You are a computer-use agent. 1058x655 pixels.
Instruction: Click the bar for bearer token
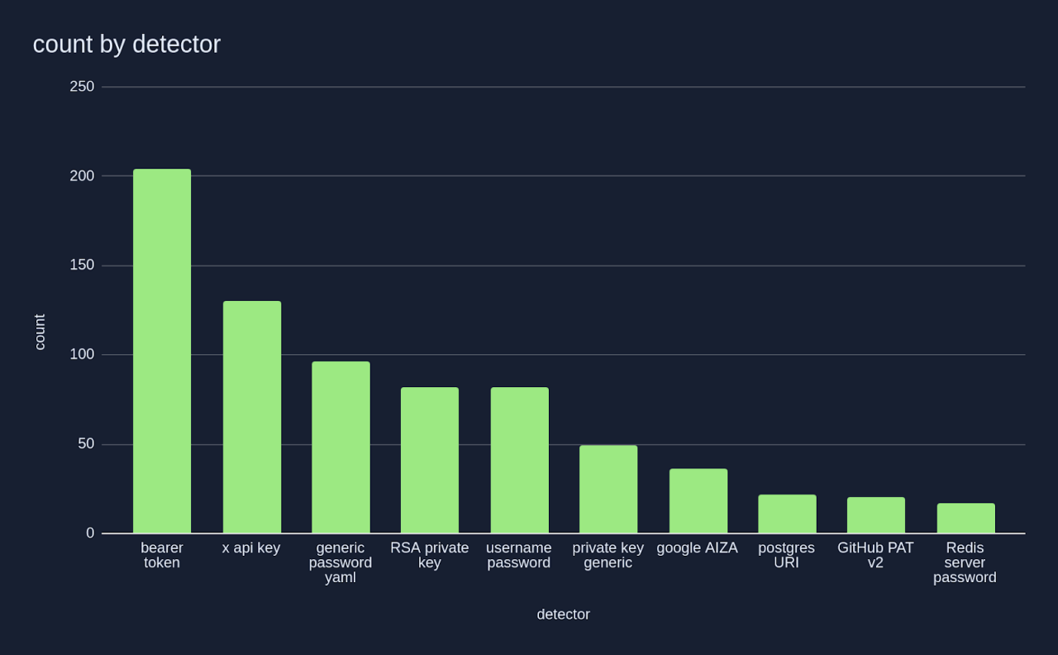(x=162, y=351)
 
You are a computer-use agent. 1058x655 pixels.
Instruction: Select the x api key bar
(x=252, y=418)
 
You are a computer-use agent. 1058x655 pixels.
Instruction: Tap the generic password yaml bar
(x=341, y=447)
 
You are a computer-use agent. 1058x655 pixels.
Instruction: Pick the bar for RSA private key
(x=430, y=461)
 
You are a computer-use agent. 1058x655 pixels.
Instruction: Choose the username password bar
(x=519, y=461)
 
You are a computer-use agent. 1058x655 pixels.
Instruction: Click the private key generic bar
(x=608, y=490)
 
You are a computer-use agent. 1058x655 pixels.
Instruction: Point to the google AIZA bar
(x=698, y=501)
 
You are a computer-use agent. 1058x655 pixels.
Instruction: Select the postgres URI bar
(x=787, y=514)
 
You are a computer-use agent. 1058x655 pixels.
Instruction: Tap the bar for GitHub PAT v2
(x=876, y=515)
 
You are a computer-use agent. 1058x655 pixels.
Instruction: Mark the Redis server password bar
(x=965, y=519)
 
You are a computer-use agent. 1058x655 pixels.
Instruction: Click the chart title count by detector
(x=126, y=45)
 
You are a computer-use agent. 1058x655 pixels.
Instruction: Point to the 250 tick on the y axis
(x=82, y=87)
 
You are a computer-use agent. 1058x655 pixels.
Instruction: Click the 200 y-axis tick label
(x=82, y=176)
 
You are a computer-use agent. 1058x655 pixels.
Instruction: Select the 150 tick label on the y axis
(x=82, y=265)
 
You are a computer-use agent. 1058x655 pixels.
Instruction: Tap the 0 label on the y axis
(x=90, y=533)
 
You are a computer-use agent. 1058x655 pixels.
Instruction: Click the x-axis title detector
(x=563, y=614)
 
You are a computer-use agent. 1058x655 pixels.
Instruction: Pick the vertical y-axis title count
(x=40, y=332)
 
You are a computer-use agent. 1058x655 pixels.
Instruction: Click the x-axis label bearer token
(x=162, y=556)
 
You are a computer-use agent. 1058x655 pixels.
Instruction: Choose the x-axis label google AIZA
(x=697, y=548)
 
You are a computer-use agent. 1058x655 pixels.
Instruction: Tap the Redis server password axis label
(x=965, y=562)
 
